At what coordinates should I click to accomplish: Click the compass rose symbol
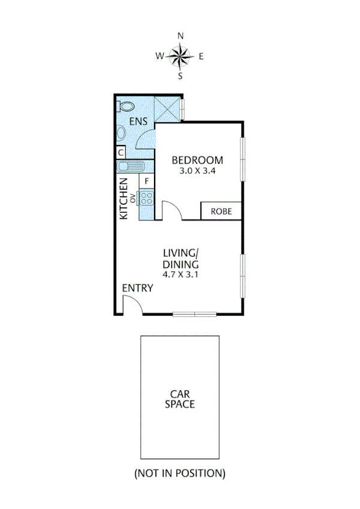point(180,56)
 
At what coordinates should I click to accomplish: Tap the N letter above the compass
point(180,36)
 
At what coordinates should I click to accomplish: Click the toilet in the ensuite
point(125,106)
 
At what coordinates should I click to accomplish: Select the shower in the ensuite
point(168,108)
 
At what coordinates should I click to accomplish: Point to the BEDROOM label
point(197,160)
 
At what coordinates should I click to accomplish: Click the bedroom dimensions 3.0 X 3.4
point(197,170)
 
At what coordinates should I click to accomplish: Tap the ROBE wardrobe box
point(220,211)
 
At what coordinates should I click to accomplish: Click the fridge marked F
point(147,180)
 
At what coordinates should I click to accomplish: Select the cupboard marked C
point(120,152)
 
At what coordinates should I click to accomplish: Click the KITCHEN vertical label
point(124,198)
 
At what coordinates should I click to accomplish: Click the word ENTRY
point(138,288)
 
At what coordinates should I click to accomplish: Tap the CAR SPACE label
point(180,399)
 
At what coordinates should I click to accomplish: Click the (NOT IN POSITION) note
point(180,473)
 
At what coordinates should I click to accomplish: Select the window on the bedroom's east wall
point(243,159)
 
